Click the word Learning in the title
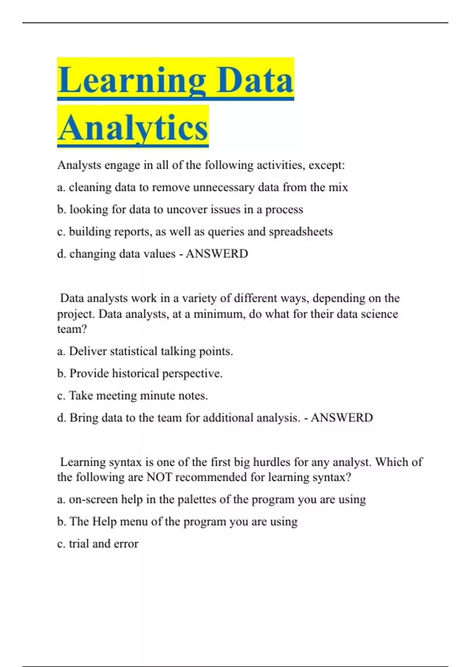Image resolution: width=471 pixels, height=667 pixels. click(131, 80)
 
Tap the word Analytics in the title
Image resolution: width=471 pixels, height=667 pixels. click(133, 128)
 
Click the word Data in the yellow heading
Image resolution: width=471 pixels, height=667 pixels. click(255, 80)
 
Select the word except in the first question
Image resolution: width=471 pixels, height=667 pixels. click(326, 165)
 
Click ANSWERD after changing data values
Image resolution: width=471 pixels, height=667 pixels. click(217, 254)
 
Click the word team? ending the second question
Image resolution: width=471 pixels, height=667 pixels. click(72, 329)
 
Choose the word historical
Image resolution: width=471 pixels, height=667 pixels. click(135, 374)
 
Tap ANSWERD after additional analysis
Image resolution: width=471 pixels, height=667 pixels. click(341, 417)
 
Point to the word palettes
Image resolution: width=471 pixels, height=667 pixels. click(202, 499)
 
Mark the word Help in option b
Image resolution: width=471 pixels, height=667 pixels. click(104, 521)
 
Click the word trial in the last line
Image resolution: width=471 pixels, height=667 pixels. click(78, 544)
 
